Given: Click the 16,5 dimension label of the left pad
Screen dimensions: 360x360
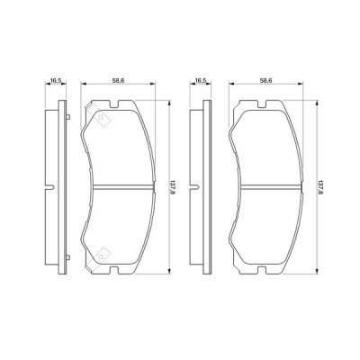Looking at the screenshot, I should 55,80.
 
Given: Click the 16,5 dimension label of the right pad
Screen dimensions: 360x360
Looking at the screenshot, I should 202,80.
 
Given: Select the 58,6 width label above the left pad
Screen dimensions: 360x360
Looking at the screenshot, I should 118,80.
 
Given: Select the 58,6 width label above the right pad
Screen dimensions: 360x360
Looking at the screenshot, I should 265,80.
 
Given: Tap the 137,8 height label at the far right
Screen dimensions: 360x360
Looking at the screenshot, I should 319,188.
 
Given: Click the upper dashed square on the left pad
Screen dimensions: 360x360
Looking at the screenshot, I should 102,119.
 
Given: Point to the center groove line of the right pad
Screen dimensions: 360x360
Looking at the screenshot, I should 266,187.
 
